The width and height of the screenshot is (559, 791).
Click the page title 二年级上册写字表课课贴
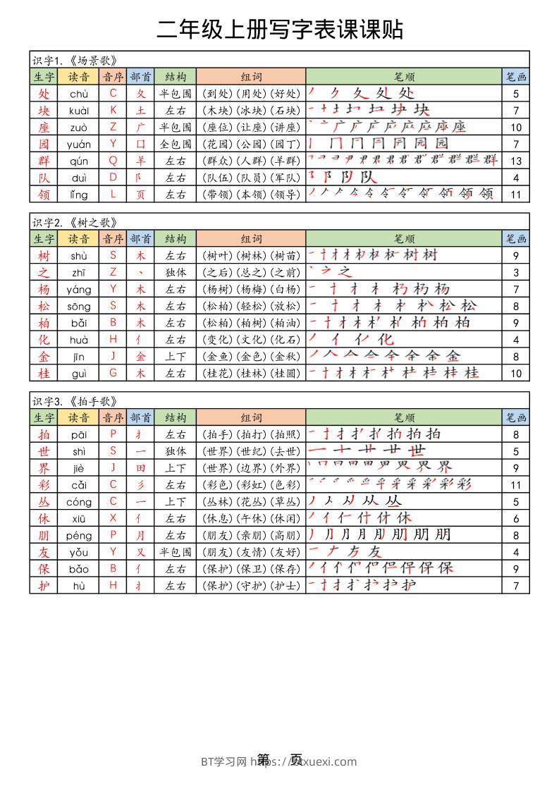(280, 29)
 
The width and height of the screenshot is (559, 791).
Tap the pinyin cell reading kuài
(78, 110)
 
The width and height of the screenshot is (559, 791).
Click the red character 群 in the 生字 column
(44, 161)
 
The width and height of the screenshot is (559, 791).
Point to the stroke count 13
(516, 161)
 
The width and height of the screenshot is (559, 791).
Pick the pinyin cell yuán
(78, 144)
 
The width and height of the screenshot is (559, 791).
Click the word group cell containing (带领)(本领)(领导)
(251, 195)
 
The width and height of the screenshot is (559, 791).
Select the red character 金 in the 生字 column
(44, 357)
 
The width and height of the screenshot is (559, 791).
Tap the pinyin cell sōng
(78, 306)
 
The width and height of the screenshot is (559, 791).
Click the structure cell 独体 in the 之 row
(176, 272)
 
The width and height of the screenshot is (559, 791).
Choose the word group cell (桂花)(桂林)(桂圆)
(251, 374)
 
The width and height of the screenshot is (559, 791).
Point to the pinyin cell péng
(78, 536)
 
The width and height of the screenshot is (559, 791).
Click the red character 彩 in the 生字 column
(44, 485)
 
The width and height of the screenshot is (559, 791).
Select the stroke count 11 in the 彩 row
(516, 485)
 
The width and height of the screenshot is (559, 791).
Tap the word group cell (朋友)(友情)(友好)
(251, 553)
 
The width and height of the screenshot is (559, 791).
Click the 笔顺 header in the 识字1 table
(404, 77)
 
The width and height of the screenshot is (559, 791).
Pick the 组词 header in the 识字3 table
(251, 418)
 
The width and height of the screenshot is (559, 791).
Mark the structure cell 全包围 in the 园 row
(176, 144)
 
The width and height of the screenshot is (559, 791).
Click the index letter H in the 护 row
(113, 586)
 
